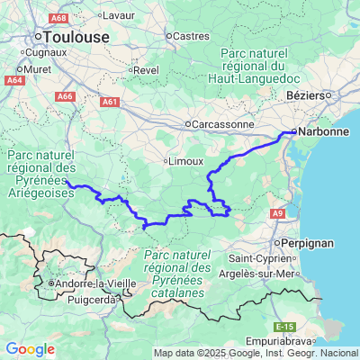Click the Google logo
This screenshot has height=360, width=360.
pos(31,349)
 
